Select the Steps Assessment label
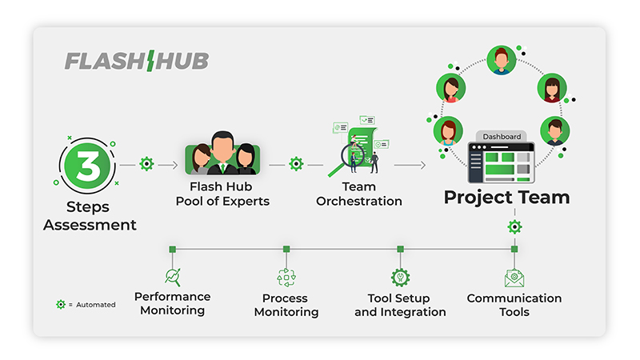click(x=90, y=217)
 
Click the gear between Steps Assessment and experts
click(x=146, y=164)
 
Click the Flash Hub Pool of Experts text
click(x=222, y=194)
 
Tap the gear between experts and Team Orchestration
click(x=296, y=164)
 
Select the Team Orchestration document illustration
click(x=359, y=147)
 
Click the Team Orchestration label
click(x=359, y=194)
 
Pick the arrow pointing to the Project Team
click(x=410, y=166)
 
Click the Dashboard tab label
click(x=502, y=137)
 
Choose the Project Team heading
click(x=507, y=197)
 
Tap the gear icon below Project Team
click(x=514, y=227)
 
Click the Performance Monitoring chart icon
click(x=173, y=277)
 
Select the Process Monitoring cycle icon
click(x=286, y=278)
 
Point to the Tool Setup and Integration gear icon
click(x=400, y=277)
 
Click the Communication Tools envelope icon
click(x=514, y=278)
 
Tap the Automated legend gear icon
click(x=61, y=305)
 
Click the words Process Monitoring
click(x=286, y=305)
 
